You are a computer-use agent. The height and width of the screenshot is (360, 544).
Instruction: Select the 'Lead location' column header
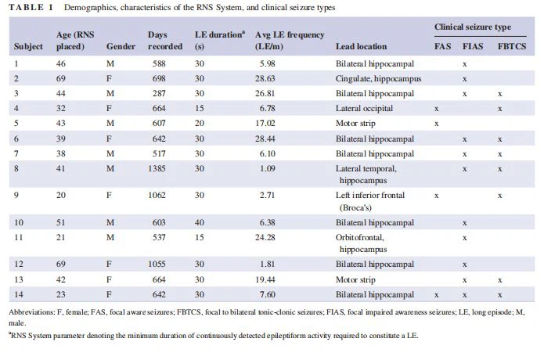coord(361,47)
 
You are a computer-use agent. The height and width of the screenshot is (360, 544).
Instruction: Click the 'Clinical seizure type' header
coord(473,27)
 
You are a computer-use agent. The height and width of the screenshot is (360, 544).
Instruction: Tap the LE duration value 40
coord(199,222)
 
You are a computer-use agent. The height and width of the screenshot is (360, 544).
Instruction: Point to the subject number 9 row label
coord(17,195)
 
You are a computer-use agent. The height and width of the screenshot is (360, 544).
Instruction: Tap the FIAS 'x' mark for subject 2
coord(465,78)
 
